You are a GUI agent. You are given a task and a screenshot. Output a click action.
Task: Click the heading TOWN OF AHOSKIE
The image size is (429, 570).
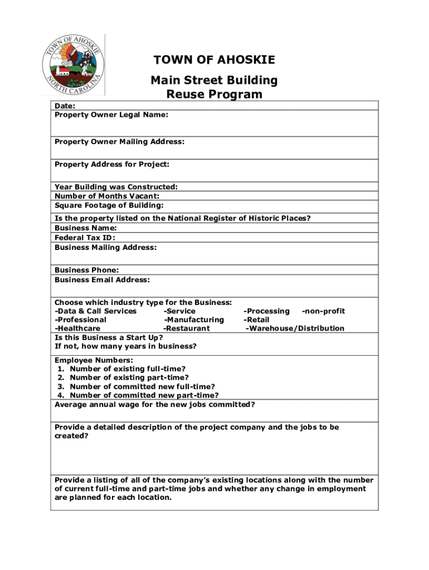214,60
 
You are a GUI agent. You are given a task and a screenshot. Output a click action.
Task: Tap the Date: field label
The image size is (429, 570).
65,106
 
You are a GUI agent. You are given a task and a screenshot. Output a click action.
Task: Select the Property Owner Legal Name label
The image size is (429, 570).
111,115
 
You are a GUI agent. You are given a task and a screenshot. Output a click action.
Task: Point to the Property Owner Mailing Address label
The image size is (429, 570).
119,142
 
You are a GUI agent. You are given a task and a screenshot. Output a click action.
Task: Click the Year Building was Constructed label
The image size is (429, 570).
116,187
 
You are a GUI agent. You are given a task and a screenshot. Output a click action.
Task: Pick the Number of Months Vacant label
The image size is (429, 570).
107,196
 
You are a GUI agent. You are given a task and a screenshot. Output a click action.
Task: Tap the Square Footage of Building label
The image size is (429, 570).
109,205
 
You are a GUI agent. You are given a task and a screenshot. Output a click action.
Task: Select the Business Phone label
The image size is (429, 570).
86,271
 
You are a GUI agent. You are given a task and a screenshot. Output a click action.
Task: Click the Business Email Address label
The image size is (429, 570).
102,280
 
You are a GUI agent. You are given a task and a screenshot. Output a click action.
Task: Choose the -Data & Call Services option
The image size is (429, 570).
95,311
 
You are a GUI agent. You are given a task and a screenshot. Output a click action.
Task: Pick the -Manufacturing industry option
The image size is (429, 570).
194,320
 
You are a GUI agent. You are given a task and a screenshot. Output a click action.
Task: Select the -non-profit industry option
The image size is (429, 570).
323,311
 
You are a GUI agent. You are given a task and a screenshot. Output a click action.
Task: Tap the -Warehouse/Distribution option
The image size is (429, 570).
295,328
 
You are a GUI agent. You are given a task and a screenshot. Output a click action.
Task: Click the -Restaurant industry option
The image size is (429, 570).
187,328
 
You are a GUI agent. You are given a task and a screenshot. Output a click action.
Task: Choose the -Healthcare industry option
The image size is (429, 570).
77,328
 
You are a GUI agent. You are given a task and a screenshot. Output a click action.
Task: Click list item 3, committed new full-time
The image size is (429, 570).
142,387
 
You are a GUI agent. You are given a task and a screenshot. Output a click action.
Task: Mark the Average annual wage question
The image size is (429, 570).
155,405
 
